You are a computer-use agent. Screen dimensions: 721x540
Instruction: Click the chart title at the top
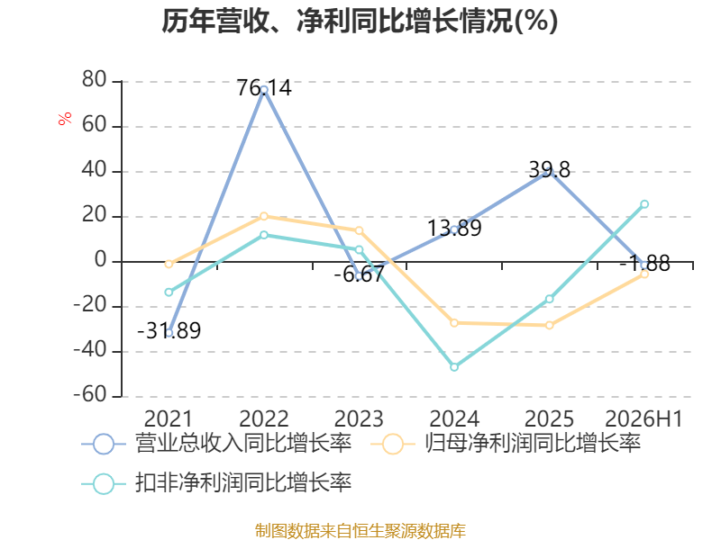pyautogui.click(x=360, y=21)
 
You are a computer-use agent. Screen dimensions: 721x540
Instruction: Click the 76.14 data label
pyautogui.click(x=264, y=87)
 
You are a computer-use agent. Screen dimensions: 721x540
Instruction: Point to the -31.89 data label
pyautogui.click(x=169, y=330)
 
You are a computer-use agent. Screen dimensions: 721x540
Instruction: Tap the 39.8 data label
pyautogui.click(x=550, y=170)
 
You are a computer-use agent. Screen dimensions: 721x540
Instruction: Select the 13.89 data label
pyautogui.click(x=454, y=229)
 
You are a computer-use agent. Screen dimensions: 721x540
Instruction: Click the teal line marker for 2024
pyautogui.click(x=454, y=367)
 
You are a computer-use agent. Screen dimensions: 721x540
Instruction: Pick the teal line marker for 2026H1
pyautogui.click(x=644, y=204)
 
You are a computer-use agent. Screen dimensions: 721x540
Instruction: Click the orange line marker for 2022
pyautogui.click(x=264, y=216)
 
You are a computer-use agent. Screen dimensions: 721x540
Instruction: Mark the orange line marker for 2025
pyautogui.click(x=550, y=325)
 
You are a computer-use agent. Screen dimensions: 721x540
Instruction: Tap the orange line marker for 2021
pyautogui.click(x=169, y=264)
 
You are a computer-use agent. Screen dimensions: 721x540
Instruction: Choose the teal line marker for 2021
pyautogui.click(x=169, y=292)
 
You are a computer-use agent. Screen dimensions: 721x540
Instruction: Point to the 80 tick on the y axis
pyautogui.click(x=95, y=80)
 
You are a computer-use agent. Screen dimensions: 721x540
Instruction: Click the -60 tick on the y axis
pyautogui.click(x=90, y=395)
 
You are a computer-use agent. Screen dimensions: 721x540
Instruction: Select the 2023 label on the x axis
pyautogui.click(x=359, y=418)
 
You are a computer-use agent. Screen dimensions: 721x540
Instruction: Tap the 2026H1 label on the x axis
pyautogui.click(x=643, y=418)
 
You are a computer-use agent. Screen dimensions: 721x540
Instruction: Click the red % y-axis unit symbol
pyautogui.click(x=65, y=119)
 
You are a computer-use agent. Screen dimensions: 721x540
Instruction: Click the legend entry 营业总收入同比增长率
pyautogui.click(x=216, y=444)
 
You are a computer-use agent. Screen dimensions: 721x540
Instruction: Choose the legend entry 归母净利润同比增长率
pyautogui.click(x=506, y=444)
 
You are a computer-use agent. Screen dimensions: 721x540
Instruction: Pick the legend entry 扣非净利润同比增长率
pyautogui.click(x=216, y=483)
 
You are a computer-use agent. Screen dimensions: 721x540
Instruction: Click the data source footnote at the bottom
pyautogui.click(x=360, y=531)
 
